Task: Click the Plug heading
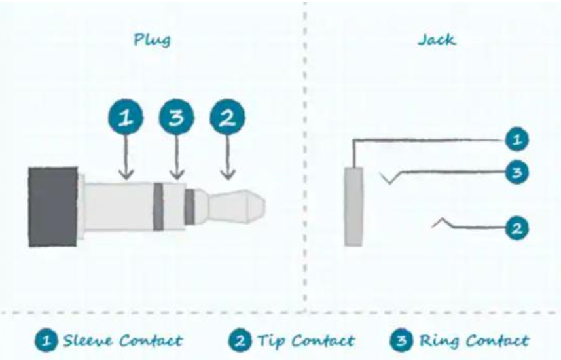pos(152,40)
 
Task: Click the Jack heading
pos(437,40)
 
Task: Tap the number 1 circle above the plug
pos(126,117)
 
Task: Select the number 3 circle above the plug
pos(177,117)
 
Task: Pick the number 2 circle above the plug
pos(228,117)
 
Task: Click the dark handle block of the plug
pos(53,206)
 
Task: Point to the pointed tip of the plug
pos(265,206)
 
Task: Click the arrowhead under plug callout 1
pos(126,175)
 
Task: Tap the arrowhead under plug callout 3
pos(177,175)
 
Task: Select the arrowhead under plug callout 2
pos(228,175)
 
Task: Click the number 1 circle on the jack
pos(517,139)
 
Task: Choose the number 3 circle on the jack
pos(517,173)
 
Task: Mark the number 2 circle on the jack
pos(517,228)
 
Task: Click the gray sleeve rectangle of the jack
pos(353,206)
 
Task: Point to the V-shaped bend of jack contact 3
pos(389,183)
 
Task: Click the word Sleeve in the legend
pos(87,340)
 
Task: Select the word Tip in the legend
pos(271,341)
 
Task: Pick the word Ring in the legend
pos(439,341)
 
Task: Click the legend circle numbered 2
pos(240,340)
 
